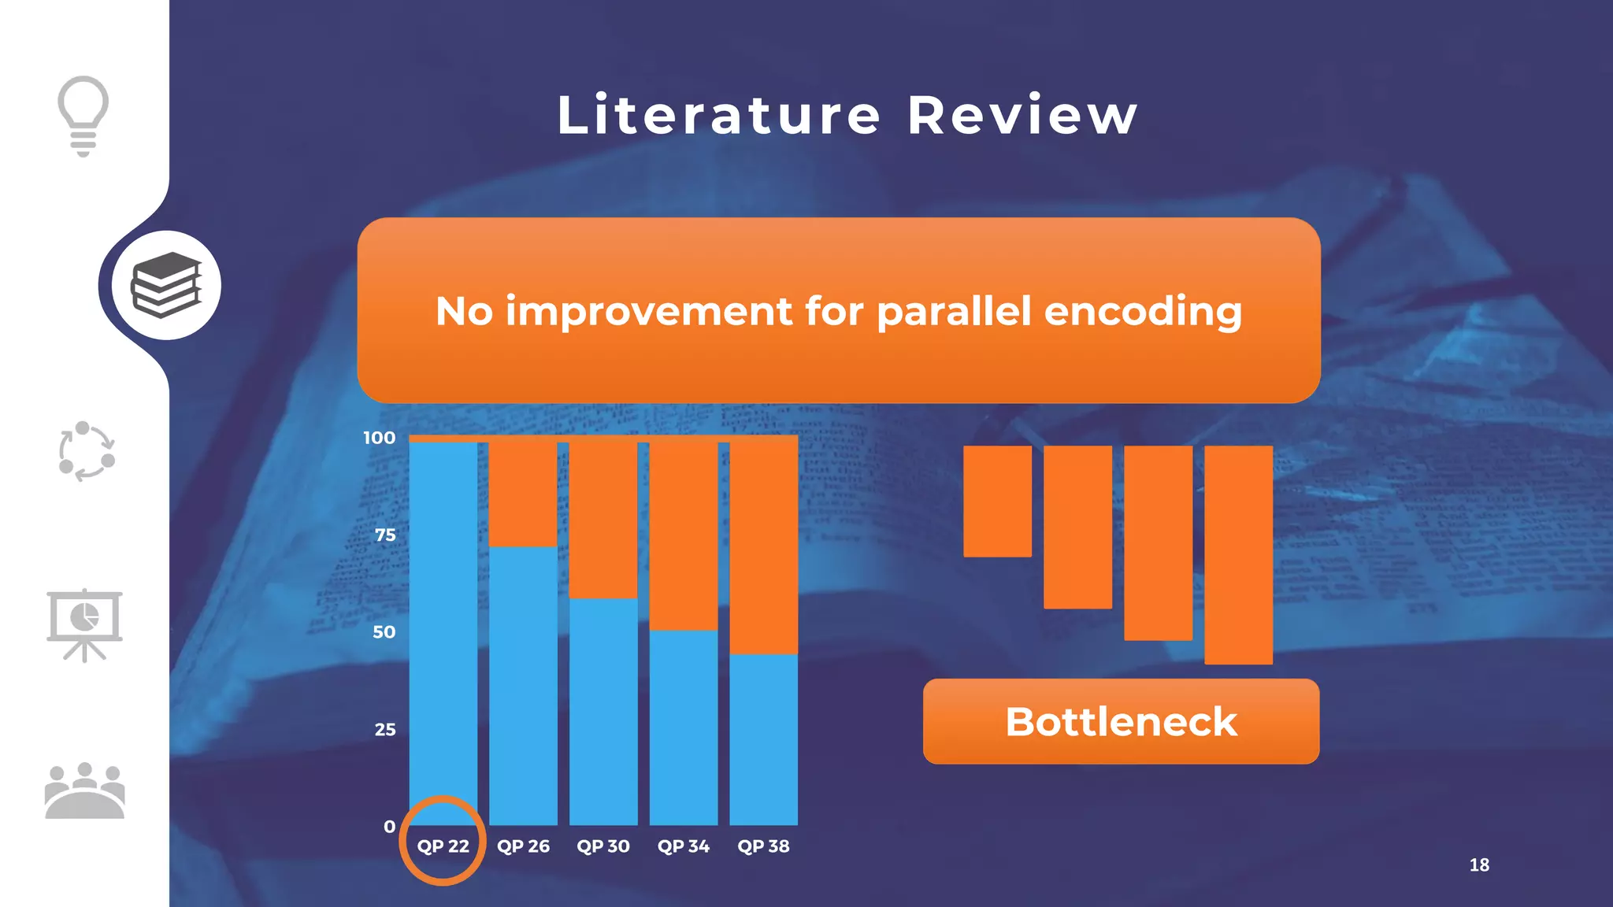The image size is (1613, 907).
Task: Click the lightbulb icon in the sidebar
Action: coord(83,115)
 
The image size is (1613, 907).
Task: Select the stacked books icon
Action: coord(166,285)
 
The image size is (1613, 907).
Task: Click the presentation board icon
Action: coord(84,624)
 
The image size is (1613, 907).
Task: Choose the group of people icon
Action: coord(84,790)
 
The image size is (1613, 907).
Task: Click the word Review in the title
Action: coord(1022,116)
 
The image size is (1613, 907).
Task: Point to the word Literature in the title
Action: coord(718,116)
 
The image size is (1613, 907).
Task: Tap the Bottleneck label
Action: coord(1121,722)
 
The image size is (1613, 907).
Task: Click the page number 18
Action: coord(1479,864)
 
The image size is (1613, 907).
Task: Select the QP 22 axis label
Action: coord(443,846)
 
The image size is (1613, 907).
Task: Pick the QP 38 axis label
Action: coord(763,846)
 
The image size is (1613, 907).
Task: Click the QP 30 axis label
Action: coord(603,846)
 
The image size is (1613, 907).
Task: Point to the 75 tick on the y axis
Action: coord(385,535)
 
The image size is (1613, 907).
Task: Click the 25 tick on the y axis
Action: coord(385,730)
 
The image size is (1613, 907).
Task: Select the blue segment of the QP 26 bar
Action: coord(523,685)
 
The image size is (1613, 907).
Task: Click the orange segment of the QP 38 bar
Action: coord(763,547)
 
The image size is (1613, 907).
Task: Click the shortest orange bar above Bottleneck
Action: coord(997,501)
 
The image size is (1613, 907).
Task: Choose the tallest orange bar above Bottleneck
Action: coord(1238,554)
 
